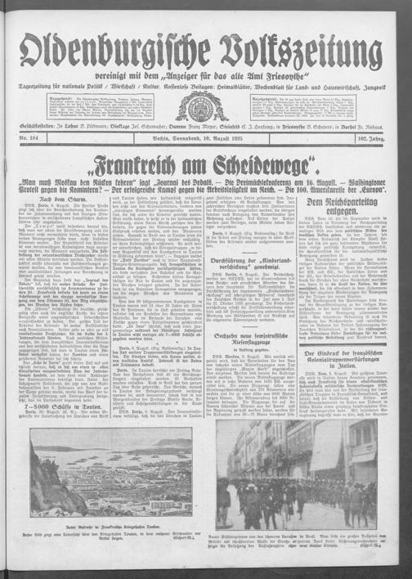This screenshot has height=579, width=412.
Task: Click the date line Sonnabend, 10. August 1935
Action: click(x=206, y=141)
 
